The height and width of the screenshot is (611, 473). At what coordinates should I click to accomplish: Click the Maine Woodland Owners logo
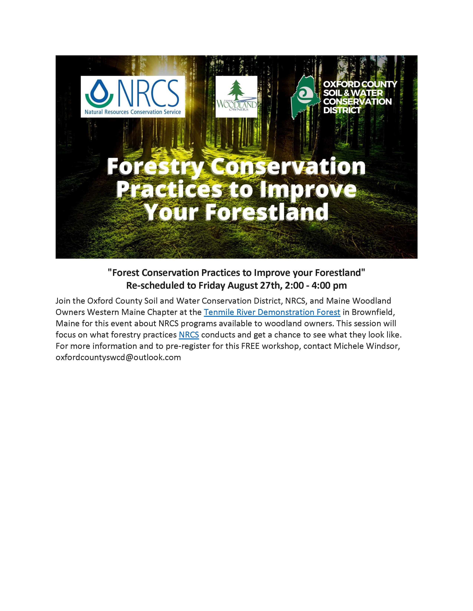(236, 96)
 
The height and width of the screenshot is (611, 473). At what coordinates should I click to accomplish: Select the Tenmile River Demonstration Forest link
(272, 312)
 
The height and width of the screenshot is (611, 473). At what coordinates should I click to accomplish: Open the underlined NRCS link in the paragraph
(189, 335)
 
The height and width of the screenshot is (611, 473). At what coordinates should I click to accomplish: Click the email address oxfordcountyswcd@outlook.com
(118, 357)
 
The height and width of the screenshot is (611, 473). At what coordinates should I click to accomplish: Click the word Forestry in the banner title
(155, 167)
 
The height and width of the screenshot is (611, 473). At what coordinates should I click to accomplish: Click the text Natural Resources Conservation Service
(133, 112)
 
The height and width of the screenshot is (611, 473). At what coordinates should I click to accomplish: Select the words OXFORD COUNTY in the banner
(360, 84)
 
